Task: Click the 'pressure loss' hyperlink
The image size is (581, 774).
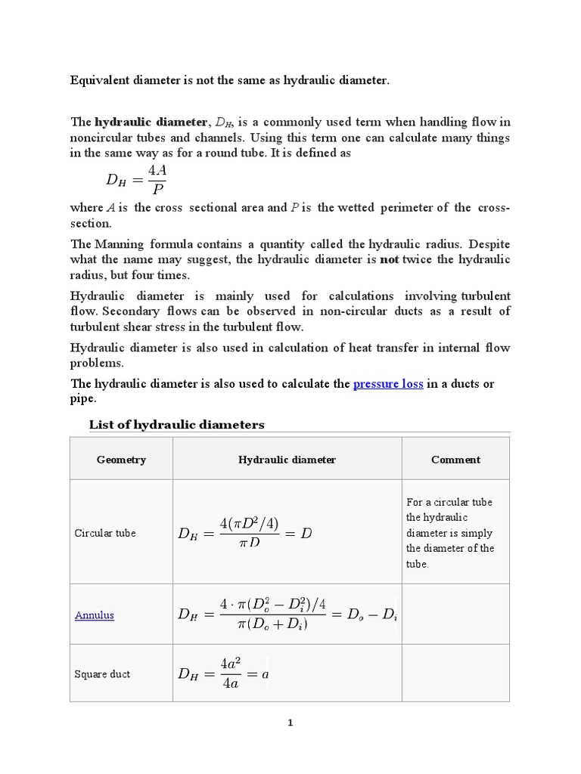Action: pyautogui.click(x=388, y=384)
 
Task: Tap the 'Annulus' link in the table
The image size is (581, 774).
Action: pyautogui.click(x=95, y=615)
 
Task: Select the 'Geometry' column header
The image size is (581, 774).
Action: pyautogui.click(x=121, y=460)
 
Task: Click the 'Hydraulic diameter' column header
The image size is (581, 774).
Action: pyautogui.click(x=287, y=460)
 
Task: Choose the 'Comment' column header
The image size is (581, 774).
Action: pyautogui.click(x=455, y=460)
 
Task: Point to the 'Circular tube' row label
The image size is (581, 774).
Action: pyautogui.click(x=105, y=533)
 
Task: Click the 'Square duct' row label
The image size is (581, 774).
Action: pyautogui.click(x=102, y=674)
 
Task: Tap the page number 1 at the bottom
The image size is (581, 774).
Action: pyautogui.click(x=290, y=723)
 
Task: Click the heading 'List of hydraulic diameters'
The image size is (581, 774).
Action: pyautogui.click(x=177, y=425)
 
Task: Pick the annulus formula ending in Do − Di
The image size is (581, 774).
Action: pyautogui.click(x=287, y=615)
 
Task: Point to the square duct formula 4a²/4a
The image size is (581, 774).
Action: pyautogui.click(x=223, y=674)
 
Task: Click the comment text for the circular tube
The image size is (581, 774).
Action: pyautogui.click(x=450, y=533)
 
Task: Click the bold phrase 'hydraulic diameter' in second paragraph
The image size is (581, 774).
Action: pyautogui.click(x=151, y=122)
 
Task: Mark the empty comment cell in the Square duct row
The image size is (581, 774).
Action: pyautogui.click(x=455, y=674)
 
